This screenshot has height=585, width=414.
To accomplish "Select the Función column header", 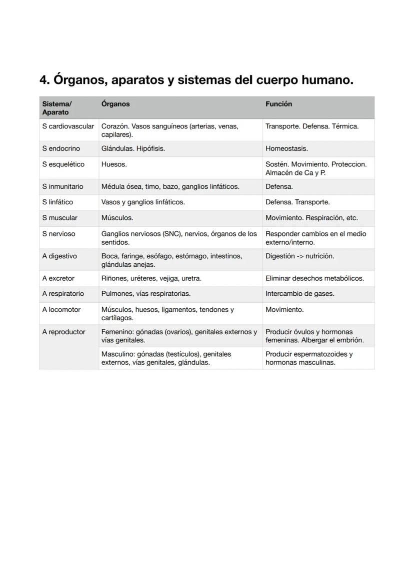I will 278,104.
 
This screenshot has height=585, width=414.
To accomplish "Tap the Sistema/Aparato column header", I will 56,108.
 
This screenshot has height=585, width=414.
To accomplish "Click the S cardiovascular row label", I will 68,126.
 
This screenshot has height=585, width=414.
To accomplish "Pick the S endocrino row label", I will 61,149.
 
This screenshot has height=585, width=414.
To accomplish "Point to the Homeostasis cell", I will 286,149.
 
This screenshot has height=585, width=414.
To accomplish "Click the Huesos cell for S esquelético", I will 114,164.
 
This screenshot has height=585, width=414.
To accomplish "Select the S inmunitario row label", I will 62,186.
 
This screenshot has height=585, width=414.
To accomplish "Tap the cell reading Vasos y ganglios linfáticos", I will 143,202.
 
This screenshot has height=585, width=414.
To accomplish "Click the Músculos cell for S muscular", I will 117,218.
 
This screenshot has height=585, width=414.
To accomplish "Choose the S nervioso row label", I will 58,234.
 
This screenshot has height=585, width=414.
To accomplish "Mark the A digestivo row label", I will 59,256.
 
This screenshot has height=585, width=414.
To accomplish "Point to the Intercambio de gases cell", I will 300,294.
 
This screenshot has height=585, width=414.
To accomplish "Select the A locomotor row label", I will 61,310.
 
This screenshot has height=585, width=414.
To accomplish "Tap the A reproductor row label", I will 63,332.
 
